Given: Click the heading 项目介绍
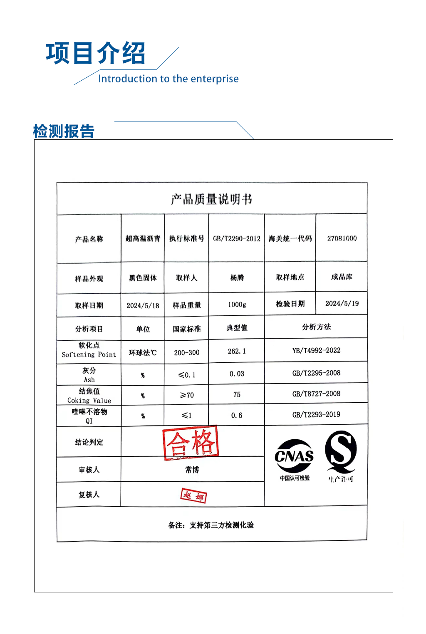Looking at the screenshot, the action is pos(95,53).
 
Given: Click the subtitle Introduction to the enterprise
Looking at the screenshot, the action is pos(168,79).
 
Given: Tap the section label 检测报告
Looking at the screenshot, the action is pos(64,131).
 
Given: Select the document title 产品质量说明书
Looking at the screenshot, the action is pos(211,199).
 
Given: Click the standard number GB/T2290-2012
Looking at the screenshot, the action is pos(236,238).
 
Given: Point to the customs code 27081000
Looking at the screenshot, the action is pos(342,238).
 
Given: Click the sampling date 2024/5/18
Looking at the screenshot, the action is pos(143,305).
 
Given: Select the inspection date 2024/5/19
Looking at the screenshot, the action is pos(342,303).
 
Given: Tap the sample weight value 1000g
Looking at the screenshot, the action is pos(237,305).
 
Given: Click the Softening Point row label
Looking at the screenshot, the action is pos(89,350).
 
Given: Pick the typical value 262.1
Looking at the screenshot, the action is pos(237,351).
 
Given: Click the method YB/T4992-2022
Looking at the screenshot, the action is pos(316,350).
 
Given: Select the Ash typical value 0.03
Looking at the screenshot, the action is pos(237,374).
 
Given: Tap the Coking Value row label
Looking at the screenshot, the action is pos(89,396).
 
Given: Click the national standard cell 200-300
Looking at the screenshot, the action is pos(186,352).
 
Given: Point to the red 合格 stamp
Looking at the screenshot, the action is pos(191,443).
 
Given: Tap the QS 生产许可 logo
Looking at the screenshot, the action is pos(341,456).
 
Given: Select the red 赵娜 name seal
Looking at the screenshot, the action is pos(193,495).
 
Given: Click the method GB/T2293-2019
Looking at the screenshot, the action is pos(316,414).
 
